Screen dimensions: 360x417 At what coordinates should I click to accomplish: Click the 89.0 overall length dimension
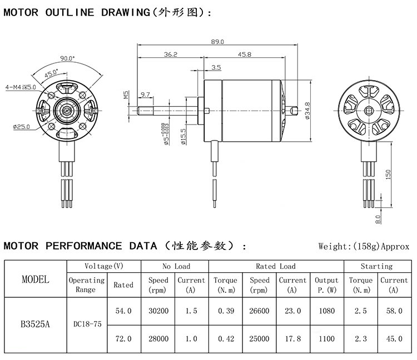click(218, 42)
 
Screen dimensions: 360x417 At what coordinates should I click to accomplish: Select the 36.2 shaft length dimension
click(171, 54)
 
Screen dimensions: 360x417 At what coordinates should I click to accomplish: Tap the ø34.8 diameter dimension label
click(307, 111)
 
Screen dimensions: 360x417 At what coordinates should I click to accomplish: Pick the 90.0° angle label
click(67, 58)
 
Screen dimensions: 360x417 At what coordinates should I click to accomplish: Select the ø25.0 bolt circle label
click(21, 127)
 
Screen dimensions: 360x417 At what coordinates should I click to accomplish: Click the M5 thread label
click(126, 95)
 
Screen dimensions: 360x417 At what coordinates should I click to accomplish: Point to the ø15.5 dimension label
click(183, 136)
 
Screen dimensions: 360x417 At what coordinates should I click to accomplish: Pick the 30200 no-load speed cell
click(158, 311)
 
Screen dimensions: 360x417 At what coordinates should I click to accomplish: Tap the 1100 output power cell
click(326, 338)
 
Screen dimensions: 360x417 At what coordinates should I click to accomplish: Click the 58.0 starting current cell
click(394, 311)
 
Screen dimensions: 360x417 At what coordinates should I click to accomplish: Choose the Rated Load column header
click(276, 267)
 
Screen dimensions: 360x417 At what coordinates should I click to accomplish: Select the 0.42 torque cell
click(225, 338)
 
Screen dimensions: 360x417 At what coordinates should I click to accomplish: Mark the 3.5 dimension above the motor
click(216, 67)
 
